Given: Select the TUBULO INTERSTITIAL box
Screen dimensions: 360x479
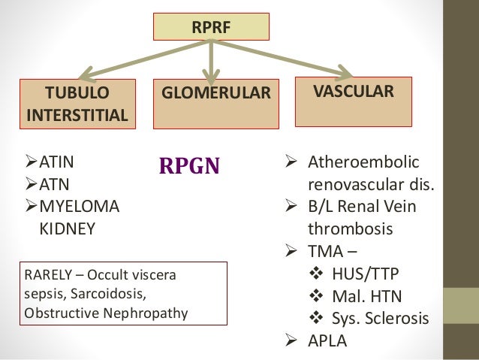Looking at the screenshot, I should [x=77, y=104].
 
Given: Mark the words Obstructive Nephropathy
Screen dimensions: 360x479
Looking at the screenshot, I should [x=105, y=311].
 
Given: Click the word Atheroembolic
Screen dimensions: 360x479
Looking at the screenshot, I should [x=363, y=163].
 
